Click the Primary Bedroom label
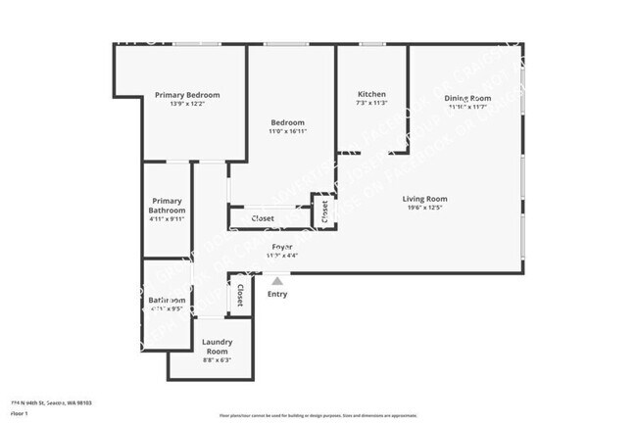pos(187,95)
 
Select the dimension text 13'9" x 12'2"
pos(187,104)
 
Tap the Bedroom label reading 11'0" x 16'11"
pos(287,122)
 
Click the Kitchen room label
pos(371,94)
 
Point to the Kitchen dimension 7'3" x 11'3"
pos(371,103)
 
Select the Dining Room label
pos(466,98)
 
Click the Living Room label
pos(424,199)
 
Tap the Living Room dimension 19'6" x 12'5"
pos(424,208)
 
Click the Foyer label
pos(281,246)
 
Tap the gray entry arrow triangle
pos(277,281)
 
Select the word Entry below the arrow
pos(277,294)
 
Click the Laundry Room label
pos(217,346)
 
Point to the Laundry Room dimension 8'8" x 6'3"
pos(217,360)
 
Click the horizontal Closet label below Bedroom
pos(263,218)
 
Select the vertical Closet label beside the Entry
pos(240,295)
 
